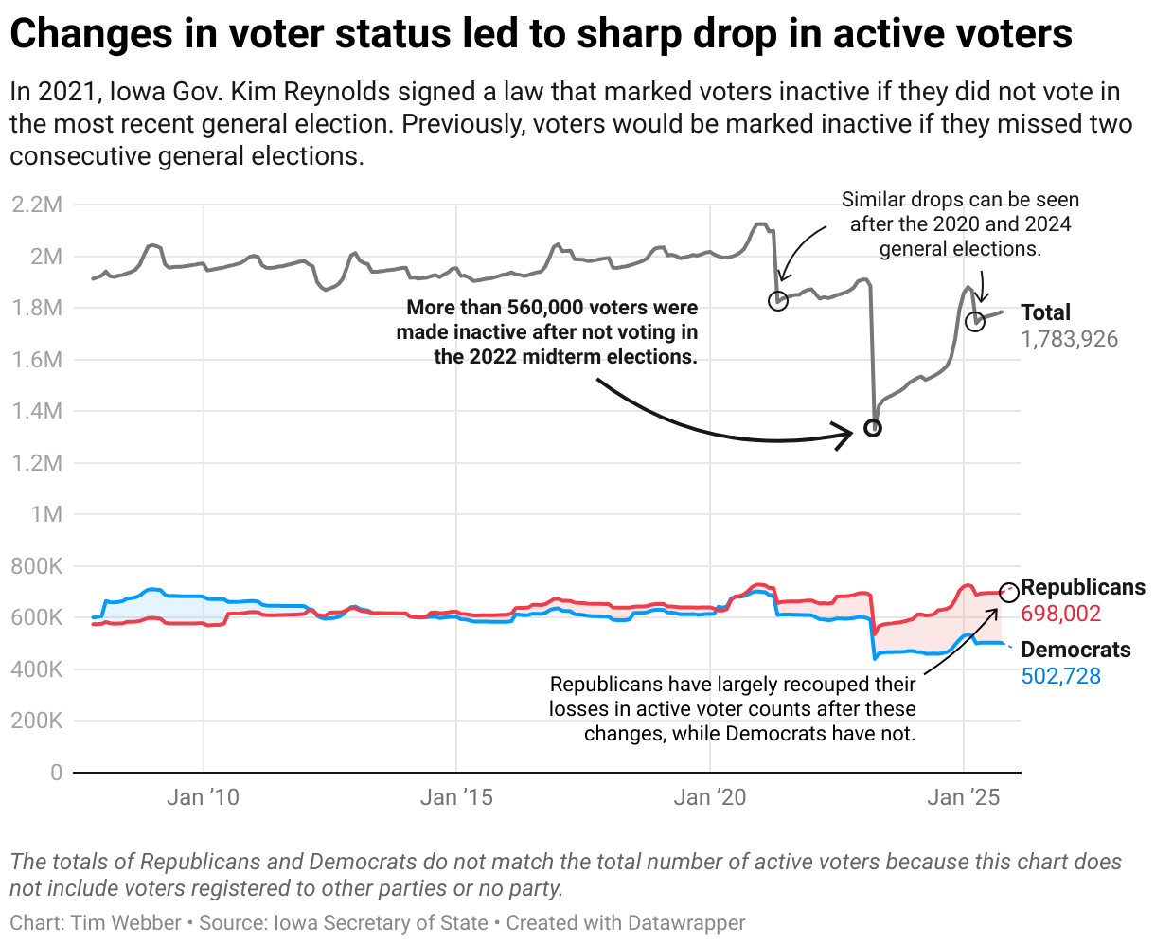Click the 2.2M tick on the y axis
[x=36, y=205]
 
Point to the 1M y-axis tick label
[x=45, y=514]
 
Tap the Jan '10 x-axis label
[x=203, y=797]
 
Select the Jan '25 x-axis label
[x=964, y=797]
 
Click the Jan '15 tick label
[x=456, y=797]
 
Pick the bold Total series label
[x=1045, y=312]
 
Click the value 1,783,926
[x=1069, y=339]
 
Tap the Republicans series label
[x=1082, y=588]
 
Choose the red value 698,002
[x=1061, y=615]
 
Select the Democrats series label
[x=1075, y=650]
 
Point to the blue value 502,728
[x=1061, y=676]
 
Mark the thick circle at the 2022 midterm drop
[x=873, y=428]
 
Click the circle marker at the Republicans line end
[x=1009, y=591]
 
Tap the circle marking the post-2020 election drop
[x=778, y=300]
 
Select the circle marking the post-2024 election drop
[x=975, y=322]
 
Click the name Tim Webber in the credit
[x=125, y=923]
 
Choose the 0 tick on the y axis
[x=56, y=773]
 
